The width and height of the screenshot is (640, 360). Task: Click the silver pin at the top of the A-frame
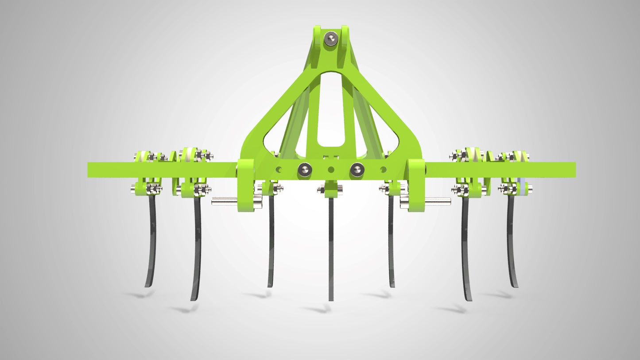[x=330, y=39]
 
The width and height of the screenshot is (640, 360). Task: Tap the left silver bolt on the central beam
[x=304, y=169]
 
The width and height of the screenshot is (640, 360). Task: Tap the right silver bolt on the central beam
[x=357, y=169]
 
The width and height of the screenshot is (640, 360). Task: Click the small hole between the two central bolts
[x=330, y=169]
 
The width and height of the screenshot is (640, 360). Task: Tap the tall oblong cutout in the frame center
[x=330, y=111]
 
